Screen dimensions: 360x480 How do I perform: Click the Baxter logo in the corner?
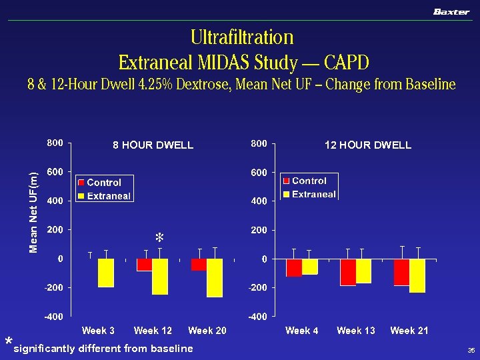(x=451, y=12)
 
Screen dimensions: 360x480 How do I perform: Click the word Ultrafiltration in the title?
(x=242, y=37)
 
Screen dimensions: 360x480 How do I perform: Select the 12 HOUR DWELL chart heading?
(x=367, y=145)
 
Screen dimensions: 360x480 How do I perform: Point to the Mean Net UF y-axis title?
(x=33, y=209)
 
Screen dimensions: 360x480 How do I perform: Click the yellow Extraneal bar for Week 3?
(x=105, y=273)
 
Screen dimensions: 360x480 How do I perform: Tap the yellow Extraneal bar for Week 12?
(x=160, y=276)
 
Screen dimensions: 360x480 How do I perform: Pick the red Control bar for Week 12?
(x=145, y=265)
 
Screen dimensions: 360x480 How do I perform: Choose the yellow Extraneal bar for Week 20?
(x=214, y=277)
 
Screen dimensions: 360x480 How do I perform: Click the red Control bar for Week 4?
(x=293, y=267)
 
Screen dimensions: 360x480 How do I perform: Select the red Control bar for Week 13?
(x=347, y=272)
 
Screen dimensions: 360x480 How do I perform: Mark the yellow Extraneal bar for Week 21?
(x=417, y=275)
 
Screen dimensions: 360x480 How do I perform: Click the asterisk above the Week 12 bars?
(x=159, y=237)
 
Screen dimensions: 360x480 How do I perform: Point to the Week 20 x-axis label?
(x=207, y=331)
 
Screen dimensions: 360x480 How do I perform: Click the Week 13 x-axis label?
(x=355, y=331)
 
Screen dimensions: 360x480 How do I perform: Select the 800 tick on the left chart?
(x=55, y=143)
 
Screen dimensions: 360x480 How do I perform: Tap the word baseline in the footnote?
(x=172, y=348)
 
